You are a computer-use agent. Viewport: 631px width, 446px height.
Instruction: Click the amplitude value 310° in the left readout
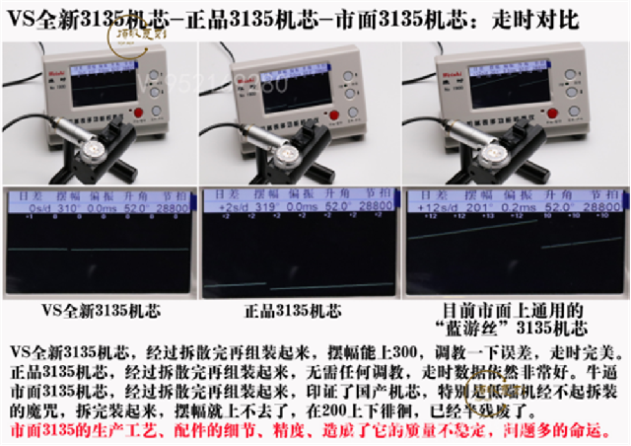(x=67, y=210)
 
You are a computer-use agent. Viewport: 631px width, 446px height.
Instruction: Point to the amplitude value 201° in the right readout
(x=469, y=210)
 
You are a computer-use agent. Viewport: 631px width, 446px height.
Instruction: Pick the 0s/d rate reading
(x=30, y=210)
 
